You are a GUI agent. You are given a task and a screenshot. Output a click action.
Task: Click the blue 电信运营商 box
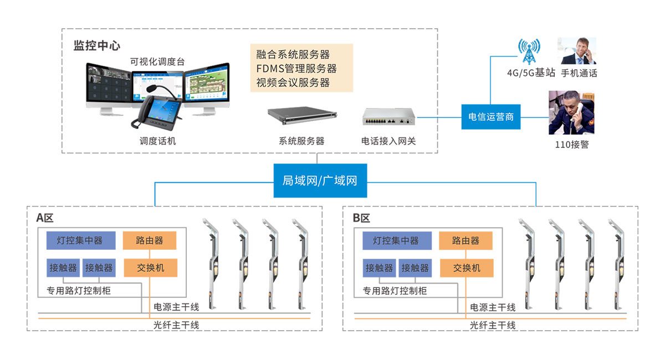point(491,117)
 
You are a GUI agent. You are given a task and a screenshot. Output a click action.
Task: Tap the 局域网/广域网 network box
point(320,181)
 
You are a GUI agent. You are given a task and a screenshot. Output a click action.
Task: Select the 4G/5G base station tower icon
point(529,52)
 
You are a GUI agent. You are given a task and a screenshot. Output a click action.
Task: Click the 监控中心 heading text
point(97,45)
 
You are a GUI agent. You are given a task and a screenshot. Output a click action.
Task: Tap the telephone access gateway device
point(388,117)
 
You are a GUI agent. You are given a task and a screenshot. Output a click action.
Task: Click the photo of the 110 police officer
point(571,113)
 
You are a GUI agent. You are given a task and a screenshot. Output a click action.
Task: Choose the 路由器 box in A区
point(150,240)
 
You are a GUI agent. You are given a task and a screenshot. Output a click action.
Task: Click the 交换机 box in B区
point(467,268)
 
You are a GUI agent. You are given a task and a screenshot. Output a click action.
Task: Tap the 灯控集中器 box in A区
point(81,240)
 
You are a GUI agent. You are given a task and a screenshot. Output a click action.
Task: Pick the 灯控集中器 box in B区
point(397,240)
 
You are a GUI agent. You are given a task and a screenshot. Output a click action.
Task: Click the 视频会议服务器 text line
point(293,83)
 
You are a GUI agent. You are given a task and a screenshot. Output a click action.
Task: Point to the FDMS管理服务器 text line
point(296,69)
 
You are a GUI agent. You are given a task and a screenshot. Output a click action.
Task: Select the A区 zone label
point(45,218)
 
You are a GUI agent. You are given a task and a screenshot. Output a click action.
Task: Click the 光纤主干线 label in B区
point(493,325)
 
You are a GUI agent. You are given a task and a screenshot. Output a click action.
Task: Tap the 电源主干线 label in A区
point(176,307)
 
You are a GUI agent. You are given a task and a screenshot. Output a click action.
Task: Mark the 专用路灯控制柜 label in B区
point(395,291)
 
